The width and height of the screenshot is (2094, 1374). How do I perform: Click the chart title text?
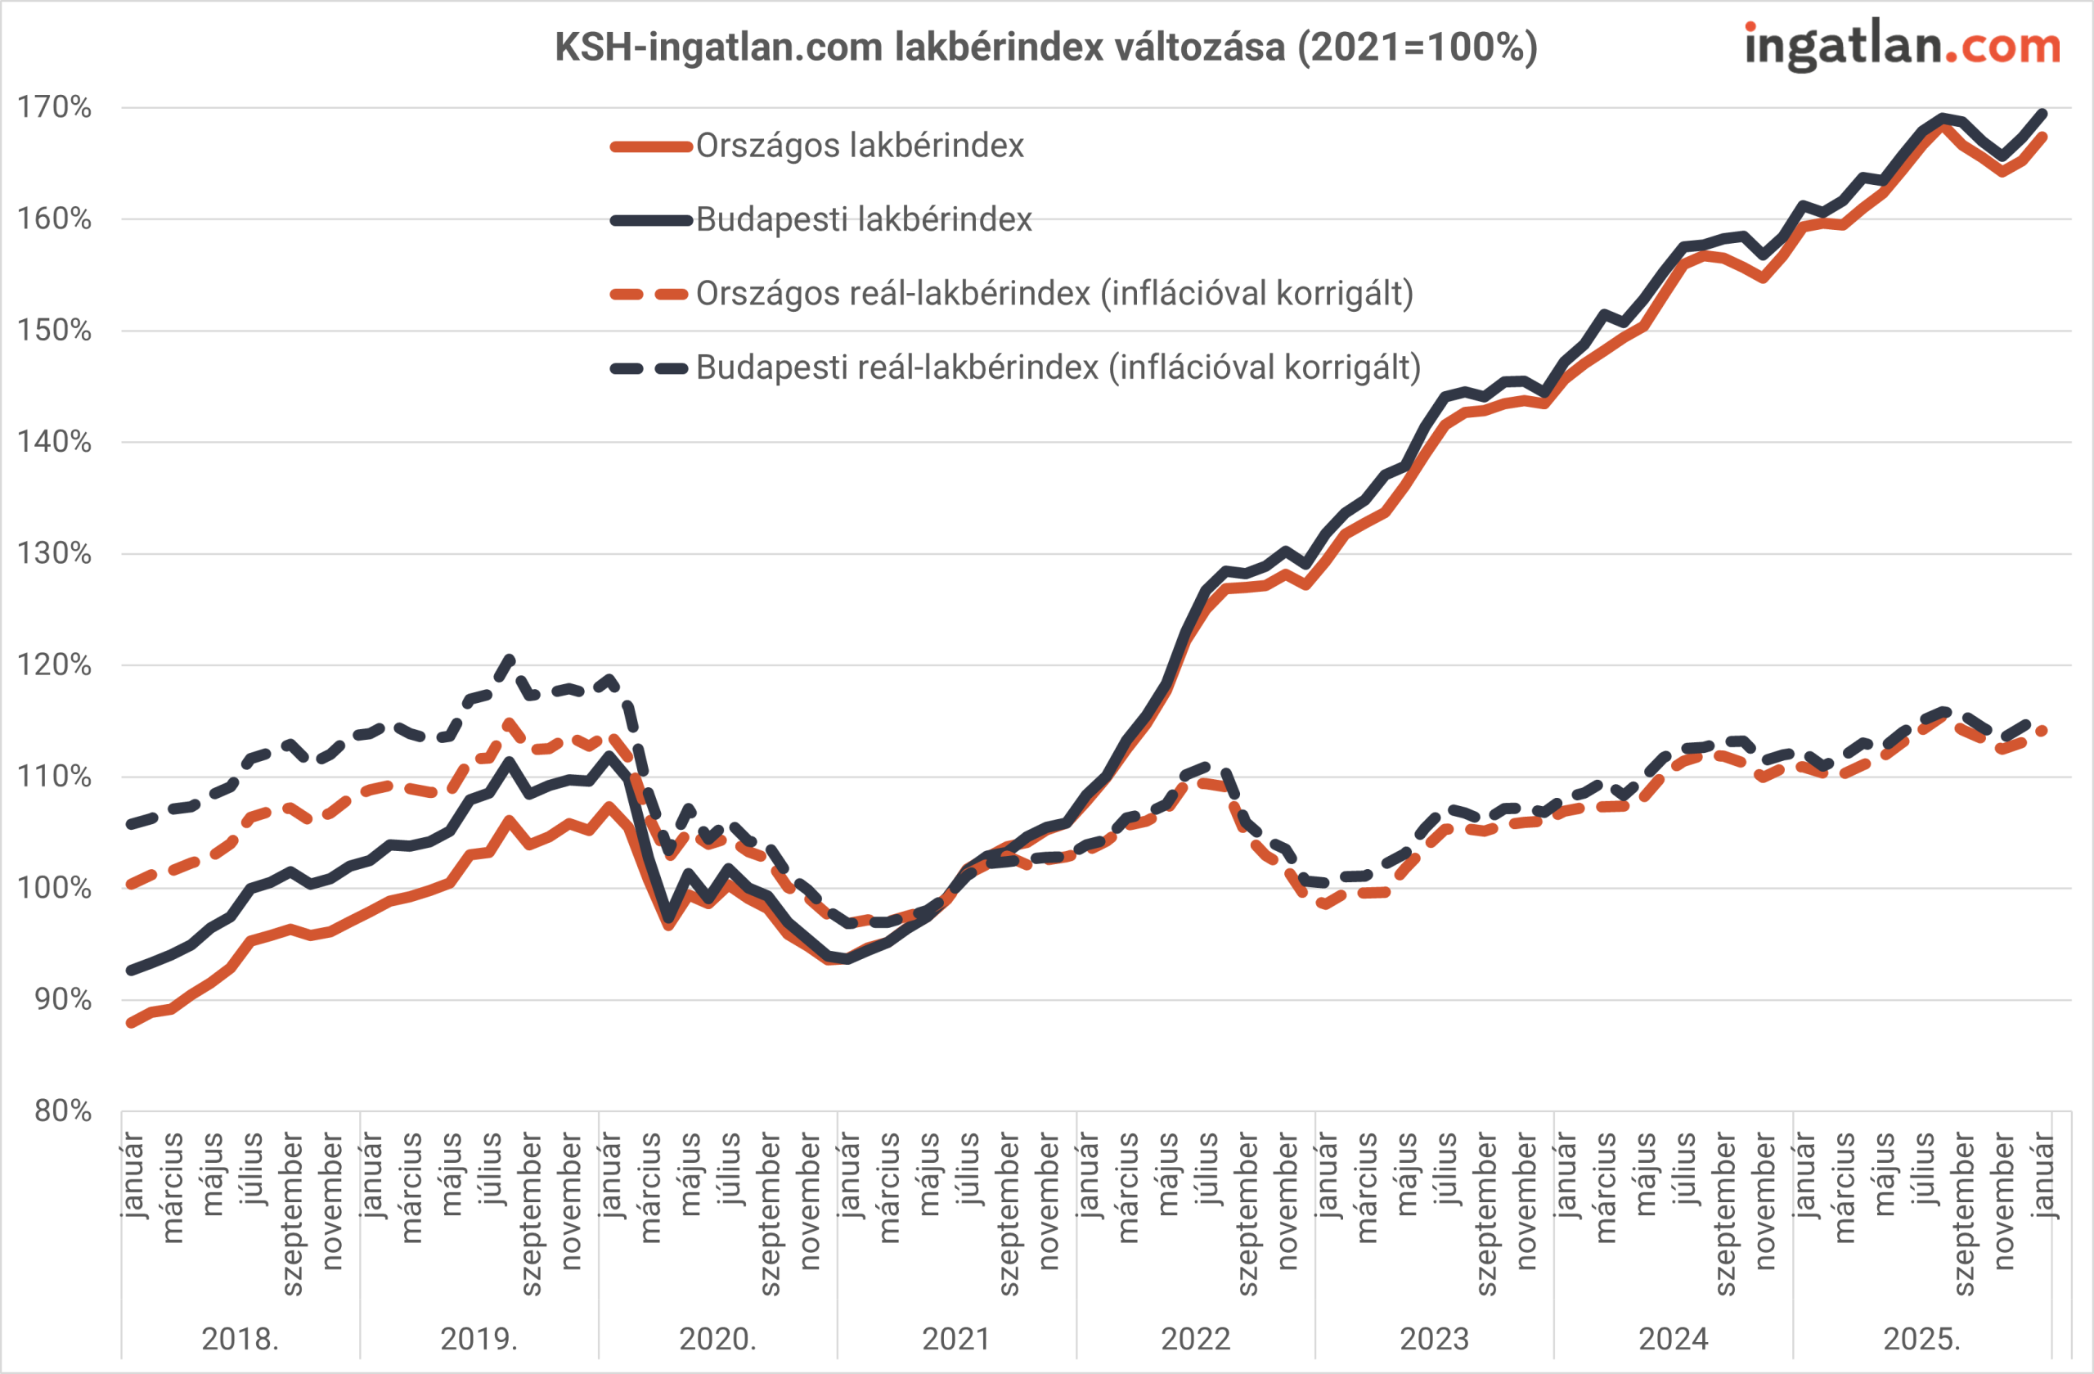(x=1046, y=47)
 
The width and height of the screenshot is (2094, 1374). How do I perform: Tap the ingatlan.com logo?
(x=1903, y=46)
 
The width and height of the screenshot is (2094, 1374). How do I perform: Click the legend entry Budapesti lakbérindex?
(x=863, y=220)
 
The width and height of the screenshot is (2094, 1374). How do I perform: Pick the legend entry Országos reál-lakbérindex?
(x=1054, y=294)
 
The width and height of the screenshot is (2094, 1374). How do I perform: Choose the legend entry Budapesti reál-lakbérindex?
(x=1058, y=368)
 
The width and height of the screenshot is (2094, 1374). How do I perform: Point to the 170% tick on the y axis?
(x=55, y=108)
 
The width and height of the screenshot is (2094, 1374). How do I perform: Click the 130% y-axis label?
(x=55, y=554)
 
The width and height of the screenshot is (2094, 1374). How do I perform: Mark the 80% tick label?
(x=62, y=1111)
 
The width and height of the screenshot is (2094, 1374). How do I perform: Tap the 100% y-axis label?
(x=55, y=888)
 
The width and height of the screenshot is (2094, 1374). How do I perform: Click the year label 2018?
(x=240, y=1339)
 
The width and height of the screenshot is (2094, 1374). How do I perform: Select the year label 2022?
(x=1195, y=1339)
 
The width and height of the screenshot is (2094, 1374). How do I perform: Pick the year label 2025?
(x=1921, y=1339)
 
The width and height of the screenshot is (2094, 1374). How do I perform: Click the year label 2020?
(x=717, y=1339)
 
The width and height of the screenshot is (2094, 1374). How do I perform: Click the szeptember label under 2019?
(x=532, y=1214)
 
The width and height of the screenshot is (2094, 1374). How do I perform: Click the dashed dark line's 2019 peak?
(x=509, y=660)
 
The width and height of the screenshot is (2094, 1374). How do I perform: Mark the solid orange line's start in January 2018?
(x=131, y=1024)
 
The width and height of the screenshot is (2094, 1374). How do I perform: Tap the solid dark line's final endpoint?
(x=2043, y=114)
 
